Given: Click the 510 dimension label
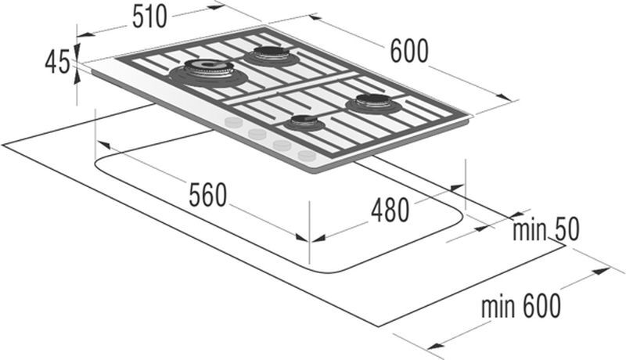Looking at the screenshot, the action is click(149, 17).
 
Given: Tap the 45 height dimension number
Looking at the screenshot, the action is click(57, 63).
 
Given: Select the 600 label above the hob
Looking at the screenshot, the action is click(408, 51).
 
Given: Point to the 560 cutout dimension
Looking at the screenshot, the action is click(207, 195).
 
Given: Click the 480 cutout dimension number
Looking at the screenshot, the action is click(390, 211).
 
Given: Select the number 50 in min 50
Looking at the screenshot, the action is click(566, 229).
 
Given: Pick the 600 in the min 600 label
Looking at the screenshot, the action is click(541, 306).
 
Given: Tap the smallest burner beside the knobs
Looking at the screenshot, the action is click(304, 123).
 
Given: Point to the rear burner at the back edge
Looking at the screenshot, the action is click(271, 56).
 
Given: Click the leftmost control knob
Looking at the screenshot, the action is click(232, 123).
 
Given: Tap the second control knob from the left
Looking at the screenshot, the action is click(257, 133).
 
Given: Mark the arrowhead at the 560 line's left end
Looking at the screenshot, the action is click(103, 145).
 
